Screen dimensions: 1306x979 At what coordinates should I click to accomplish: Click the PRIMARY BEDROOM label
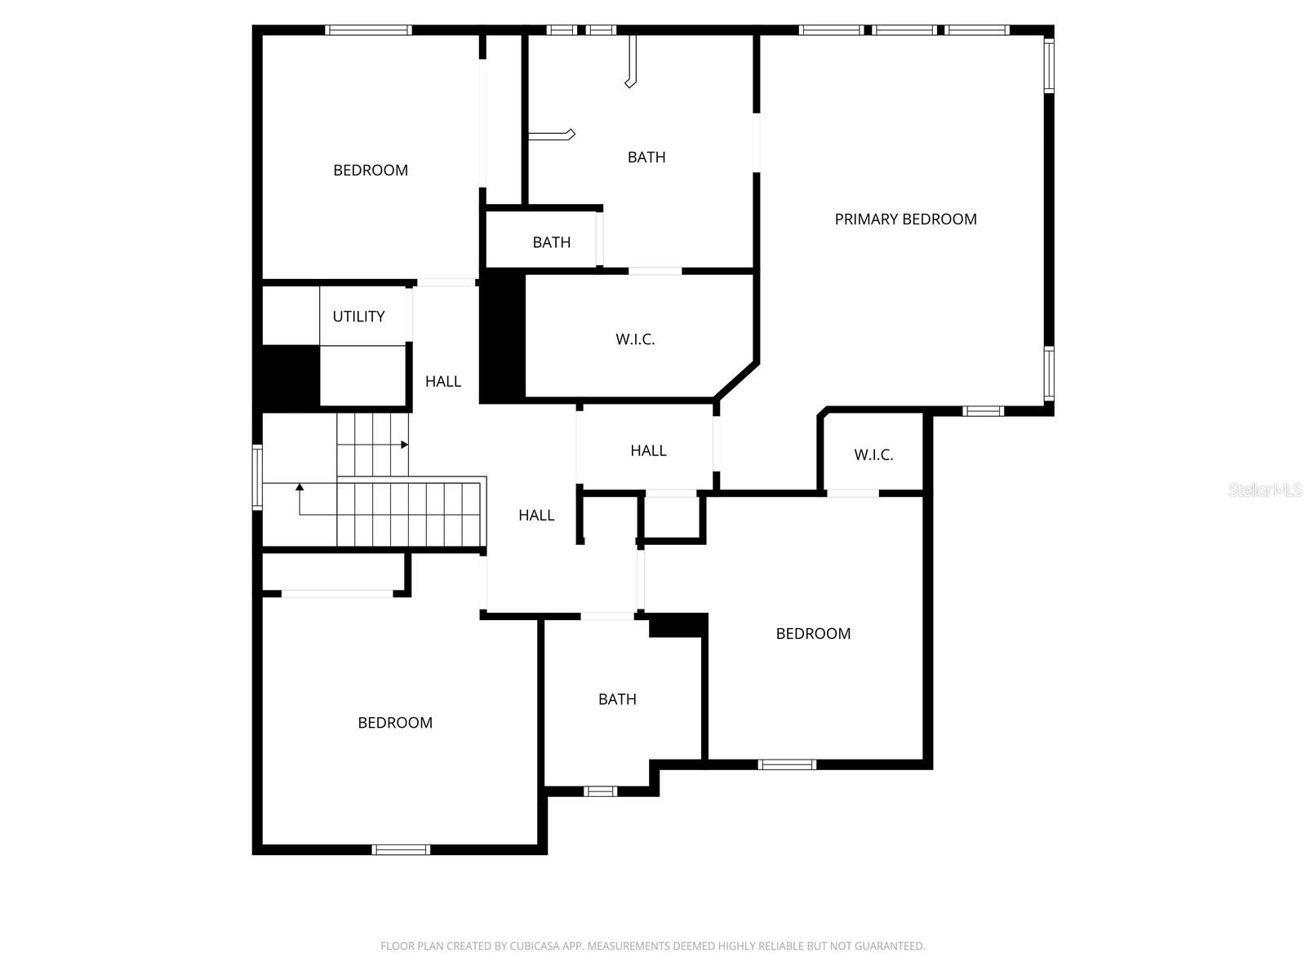905,219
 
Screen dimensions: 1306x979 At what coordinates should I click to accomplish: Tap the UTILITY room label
358,317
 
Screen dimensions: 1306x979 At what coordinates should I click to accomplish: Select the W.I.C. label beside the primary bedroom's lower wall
873,454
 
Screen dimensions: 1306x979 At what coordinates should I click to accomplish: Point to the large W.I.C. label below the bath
635,339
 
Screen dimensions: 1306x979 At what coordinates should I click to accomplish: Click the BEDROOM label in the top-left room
371,171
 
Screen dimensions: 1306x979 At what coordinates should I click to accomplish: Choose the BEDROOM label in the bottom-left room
395,723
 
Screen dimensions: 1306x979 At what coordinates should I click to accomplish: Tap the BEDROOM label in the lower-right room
813,634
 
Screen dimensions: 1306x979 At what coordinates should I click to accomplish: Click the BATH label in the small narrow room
552,242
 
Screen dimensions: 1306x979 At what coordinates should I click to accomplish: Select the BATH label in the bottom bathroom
617,699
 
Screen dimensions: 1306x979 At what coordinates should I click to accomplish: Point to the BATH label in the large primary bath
646,157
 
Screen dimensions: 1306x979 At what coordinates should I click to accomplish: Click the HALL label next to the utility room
442,382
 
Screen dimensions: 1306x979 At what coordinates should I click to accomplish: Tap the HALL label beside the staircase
536,516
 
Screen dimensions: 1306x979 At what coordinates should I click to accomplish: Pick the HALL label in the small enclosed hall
648,450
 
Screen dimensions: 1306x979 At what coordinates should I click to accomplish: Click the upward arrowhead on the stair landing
300,487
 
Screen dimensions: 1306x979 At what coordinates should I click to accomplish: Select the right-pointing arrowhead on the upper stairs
405,445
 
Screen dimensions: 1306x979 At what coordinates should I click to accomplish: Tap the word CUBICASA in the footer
535,946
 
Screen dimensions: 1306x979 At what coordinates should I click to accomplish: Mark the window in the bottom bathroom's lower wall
600,791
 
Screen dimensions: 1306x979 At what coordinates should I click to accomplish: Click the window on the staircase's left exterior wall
257,477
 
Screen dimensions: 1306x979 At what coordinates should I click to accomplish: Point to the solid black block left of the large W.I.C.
502,336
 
